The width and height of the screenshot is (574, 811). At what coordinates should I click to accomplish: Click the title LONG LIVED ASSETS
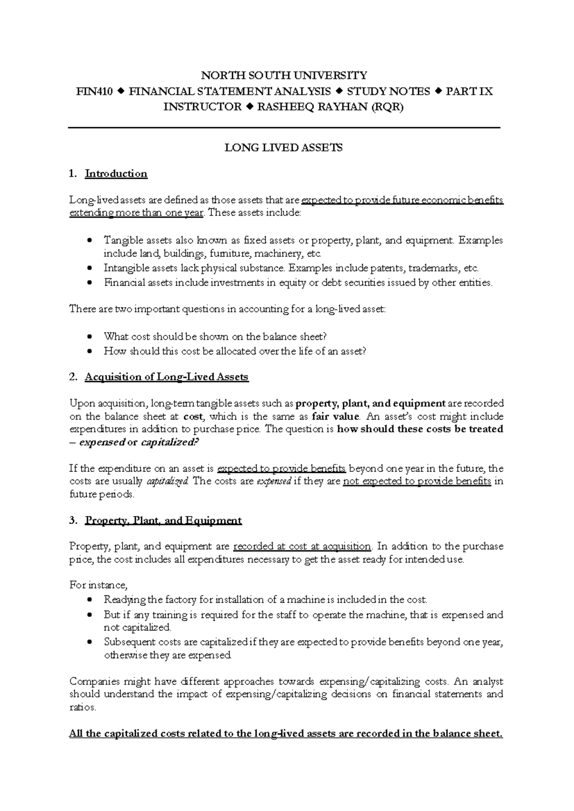click(284, 148)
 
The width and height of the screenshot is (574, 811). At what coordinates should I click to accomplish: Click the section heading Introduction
click(116, 174)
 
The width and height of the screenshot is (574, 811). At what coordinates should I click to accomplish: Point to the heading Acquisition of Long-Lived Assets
click(166, 377)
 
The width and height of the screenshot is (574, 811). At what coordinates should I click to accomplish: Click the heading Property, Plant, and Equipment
click(163, 520)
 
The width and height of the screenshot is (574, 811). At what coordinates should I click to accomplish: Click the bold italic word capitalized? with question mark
click(169, 442)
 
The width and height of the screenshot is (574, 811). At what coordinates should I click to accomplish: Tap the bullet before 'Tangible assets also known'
click(90, 241)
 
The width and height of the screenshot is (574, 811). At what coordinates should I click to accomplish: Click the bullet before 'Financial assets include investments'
click(90, 283)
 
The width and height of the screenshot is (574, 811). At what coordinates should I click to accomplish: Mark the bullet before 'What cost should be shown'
click(90, 337)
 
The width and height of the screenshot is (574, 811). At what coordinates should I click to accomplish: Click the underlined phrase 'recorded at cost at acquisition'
click(302, 546)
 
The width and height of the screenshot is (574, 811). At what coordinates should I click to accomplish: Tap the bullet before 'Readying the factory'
click(90, 600)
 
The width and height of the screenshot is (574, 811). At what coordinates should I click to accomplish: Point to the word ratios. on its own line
click(83, 707)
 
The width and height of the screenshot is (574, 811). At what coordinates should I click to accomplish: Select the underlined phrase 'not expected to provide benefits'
click(417, 481)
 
